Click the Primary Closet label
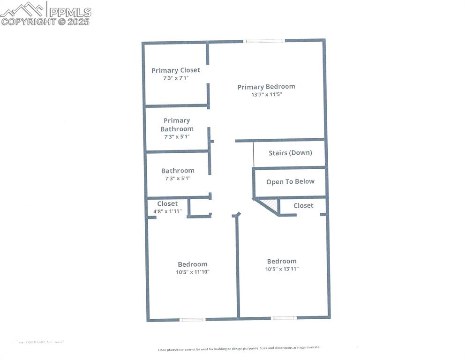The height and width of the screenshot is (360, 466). coord(175,70)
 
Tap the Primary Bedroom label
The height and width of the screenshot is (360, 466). coord(266,87)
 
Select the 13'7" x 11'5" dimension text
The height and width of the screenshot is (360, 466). coord(266,94)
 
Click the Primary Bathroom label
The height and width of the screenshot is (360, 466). coord(177,125)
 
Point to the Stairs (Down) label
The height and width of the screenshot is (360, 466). coord(290,153)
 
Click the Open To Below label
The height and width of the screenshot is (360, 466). coord(290,182)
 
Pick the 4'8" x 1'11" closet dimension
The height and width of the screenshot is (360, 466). coord(167,211)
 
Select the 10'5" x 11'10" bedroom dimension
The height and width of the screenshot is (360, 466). coord(192,272)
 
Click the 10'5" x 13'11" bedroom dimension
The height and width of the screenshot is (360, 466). coord(282,269)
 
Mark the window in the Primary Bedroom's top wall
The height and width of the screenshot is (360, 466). coord(264,41)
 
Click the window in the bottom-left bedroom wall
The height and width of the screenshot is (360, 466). coord(193,320)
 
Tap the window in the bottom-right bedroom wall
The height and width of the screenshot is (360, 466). coord(284,318)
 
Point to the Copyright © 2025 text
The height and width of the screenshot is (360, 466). coord(45,22)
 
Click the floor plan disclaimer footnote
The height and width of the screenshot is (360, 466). coord(239,348)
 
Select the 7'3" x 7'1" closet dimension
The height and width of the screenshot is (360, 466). coord(175,78)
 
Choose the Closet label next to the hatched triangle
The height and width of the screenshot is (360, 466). coord(303,206)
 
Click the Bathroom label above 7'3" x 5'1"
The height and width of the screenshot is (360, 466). coord(178,171)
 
